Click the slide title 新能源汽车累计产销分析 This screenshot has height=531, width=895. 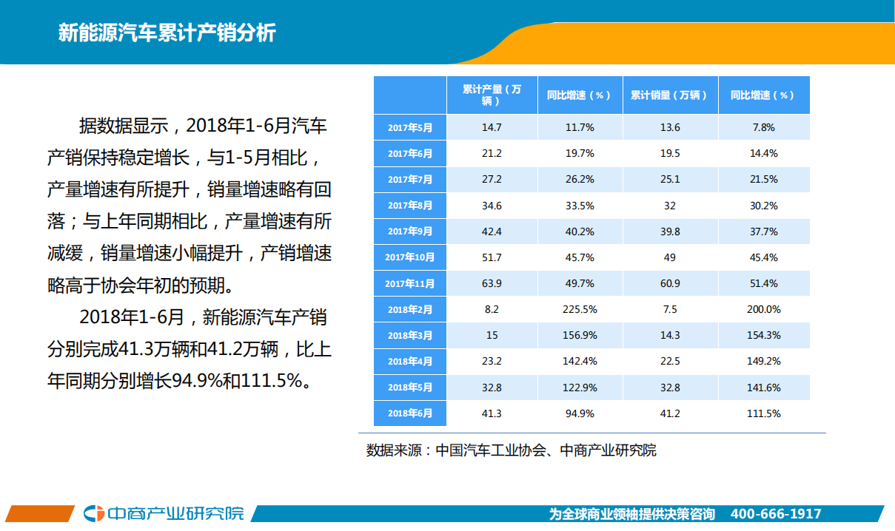click(x=167, y=33)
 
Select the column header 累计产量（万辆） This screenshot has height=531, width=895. click(x=492, y=95)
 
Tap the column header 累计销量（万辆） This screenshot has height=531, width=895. click(x=669, y=95)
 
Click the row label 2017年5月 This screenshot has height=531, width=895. click(x=409, y=127)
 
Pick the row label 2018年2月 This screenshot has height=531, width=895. click(x=409, y=309)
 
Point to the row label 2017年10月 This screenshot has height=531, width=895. click(x=409, y=257)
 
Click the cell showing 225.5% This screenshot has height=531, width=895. click(x=580, y=309)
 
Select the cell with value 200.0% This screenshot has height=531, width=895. click(x=763, y=309)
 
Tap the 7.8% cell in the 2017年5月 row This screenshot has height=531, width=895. click(x=763, y=127)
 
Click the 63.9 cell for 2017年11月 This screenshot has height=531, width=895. click(x=492, y=283)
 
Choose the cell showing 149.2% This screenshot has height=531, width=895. click(x=763, y=362)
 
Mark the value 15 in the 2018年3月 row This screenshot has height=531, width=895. click(x=492, y=335)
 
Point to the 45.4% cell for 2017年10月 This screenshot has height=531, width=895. click(x=763, y=257)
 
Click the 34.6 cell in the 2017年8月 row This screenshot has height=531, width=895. click(x=492, y=206)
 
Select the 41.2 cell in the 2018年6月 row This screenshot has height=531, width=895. click(x=669, y=413)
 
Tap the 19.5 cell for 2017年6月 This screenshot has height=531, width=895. click(x=669, y=153)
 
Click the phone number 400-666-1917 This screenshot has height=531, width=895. click(x=775, y=514)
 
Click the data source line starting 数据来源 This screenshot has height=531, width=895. click(x=511, y=450)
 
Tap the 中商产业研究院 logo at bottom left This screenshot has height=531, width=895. click(x=163, y=513)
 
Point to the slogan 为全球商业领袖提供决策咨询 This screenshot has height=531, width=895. click(x=631, y=514)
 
